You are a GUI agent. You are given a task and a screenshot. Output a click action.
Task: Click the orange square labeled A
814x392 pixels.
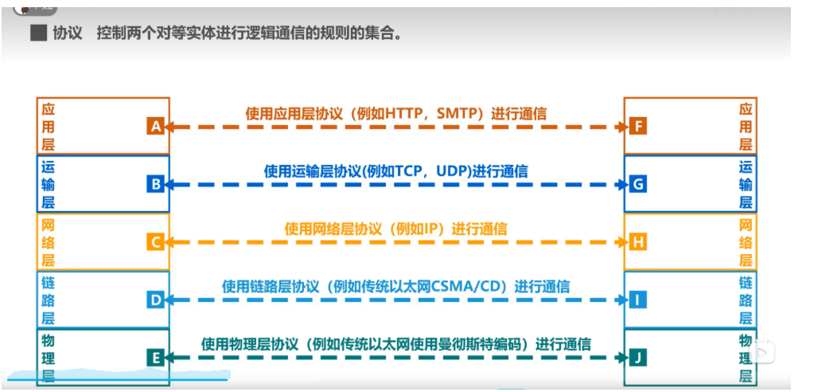pos(155,126)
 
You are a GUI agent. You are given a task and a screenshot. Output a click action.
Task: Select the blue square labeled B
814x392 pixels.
pos(155,185)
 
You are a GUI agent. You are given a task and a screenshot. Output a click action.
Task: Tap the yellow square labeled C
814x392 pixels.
pos(155,242)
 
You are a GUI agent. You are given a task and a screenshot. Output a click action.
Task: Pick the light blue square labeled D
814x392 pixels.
pos(155,300)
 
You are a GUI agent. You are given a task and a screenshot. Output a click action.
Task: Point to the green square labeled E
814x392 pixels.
pos(155,358)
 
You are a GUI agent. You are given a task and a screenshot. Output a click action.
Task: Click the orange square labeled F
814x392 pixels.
pos(637,126)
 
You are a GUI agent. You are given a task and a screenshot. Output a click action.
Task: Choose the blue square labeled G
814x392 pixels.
pos(637,185)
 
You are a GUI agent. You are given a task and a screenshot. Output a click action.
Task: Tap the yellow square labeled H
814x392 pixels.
pos(637,242)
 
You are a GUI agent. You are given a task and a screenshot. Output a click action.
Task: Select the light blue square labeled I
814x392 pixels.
pos(637,300)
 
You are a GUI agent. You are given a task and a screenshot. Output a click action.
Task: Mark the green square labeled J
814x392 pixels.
pos(637,358)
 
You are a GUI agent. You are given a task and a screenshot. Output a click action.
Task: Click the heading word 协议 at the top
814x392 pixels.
pos(68,34)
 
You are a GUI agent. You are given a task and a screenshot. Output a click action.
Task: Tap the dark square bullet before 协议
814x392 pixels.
pos(37,34)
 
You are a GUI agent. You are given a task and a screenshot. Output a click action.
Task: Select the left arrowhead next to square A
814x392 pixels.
pos(170,127)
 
